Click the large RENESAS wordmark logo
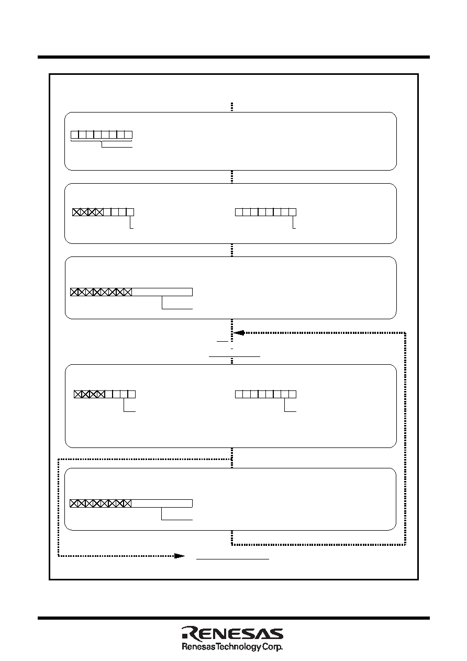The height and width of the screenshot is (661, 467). coord(232,634)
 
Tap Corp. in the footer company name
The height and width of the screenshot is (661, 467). coord(271,647)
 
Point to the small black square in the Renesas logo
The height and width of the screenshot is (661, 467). coord(184,639)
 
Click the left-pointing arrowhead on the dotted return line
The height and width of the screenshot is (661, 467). coord(239,333)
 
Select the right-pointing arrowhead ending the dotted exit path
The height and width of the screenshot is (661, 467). coord(180,556)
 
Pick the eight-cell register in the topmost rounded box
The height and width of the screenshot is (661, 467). coord(102,135)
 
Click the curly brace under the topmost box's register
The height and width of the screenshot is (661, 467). coord(102,142)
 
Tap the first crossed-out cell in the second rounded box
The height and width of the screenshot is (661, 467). coord(76,212)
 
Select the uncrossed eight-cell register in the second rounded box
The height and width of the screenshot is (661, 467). coord(265,212)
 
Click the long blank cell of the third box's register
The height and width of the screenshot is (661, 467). coord(162,292)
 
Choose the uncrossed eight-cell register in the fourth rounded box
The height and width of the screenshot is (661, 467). coord(265,394)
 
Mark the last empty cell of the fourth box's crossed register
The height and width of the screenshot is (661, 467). coord(131,394)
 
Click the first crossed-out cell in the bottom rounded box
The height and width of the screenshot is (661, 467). coord(74,503)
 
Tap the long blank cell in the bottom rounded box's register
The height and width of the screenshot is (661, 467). coord(162,503)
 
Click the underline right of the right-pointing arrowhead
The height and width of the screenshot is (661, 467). coord(232,559)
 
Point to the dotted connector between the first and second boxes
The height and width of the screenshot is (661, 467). coord(232,177)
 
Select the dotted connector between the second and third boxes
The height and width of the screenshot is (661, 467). coord(232,250)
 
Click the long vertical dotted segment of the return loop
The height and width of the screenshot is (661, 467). coord(405,439)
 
